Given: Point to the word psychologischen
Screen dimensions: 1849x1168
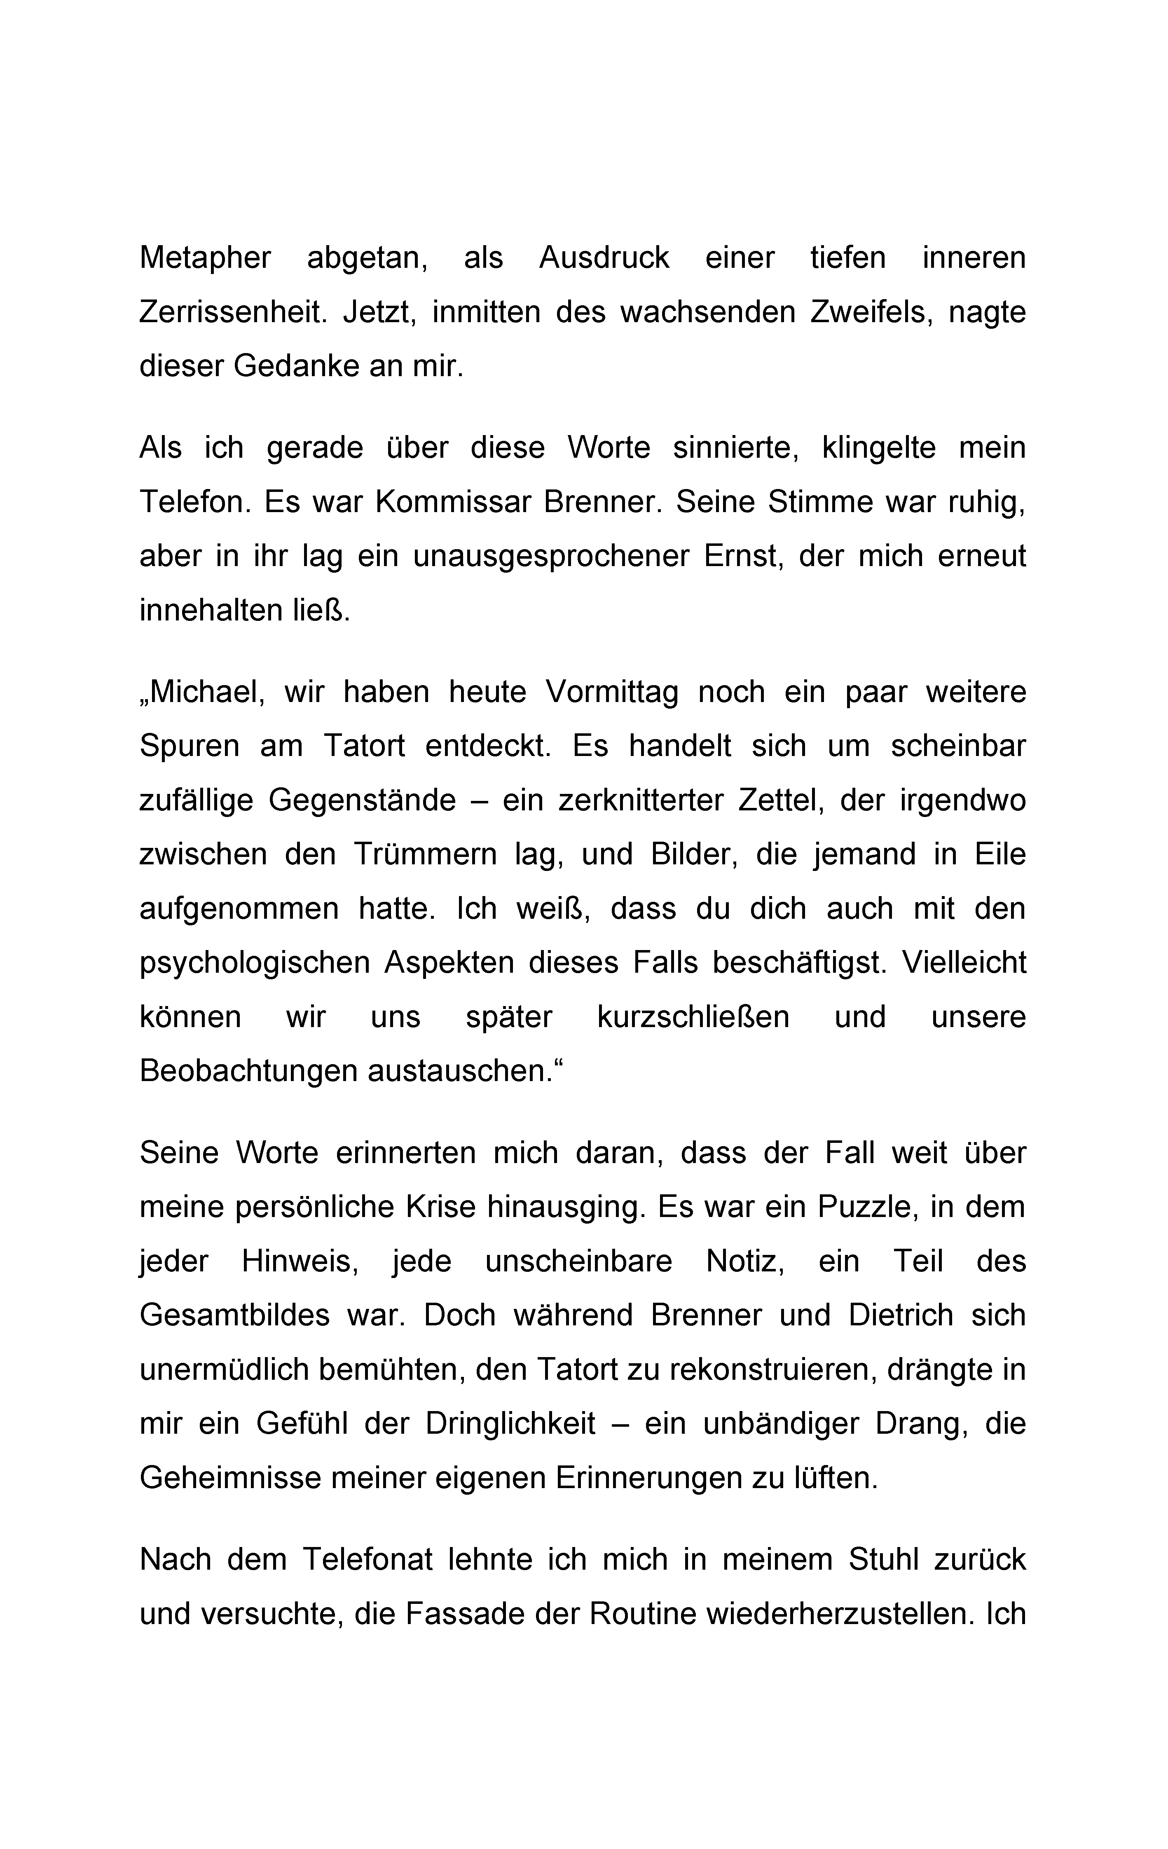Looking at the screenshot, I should [254, 963].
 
